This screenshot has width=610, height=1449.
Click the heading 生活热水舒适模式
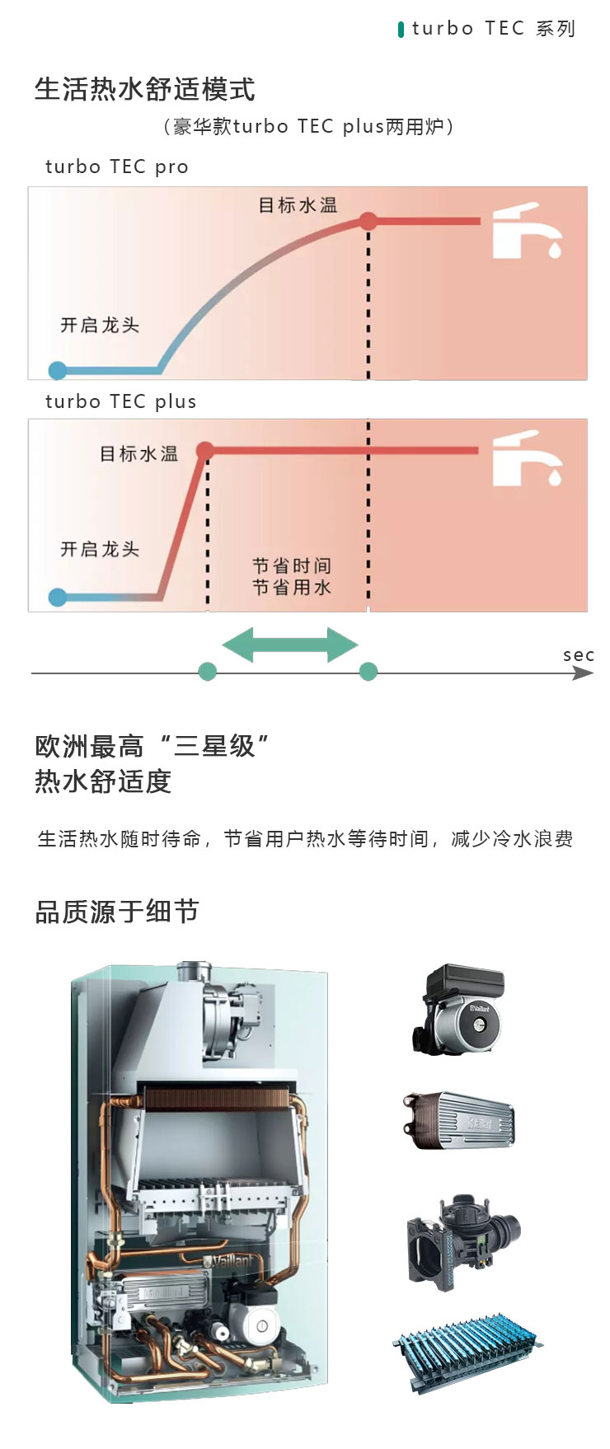[145, 89]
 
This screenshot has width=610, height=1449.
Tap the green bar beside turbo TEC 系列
[401, 30]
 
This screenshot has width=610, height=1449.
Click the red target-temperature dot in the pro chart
[368, 221]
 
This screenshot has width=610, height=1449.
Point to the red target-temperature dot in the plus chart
[205, 450]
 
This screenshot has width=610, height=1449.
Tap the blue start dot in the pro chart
[58, 370]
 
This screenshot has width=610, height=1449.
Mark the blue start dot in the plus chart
[58, 597]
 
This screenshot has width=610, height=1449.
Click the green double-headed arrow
[290, 645]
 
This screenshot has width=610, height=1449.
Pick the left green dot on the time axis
[208, 672]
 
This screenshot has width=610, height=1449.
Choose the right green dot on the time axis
[368, 672]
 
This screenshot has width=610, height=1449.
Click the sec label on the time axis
[579, 655]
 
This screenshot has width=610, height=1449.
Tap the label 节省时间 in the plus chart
[292, 566]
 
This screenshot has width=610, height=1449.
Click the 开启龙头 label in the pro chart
[100, 326]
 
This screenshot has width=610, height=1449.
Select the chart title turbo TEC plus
[121, 402]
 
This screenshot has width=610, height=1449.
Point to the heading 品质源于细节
[117, 912]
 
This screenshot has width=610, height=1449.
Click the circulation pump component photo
[458, 1009]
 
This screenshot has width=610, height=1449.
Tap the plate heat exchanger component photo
[458, 1119]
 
